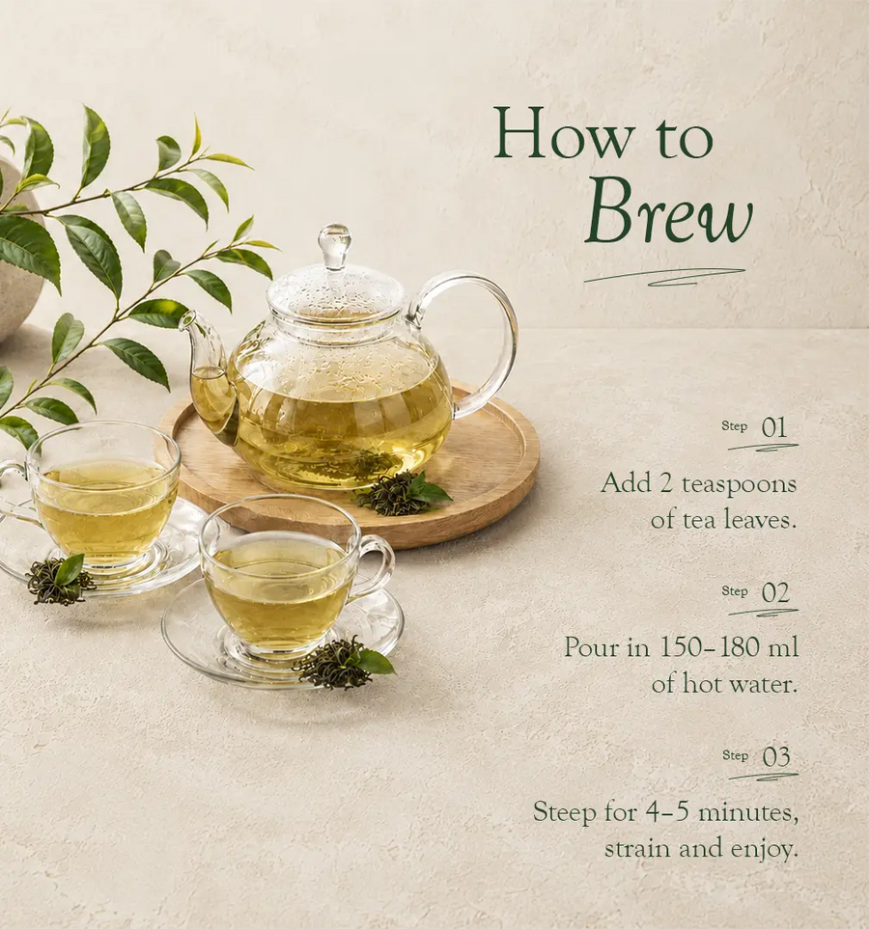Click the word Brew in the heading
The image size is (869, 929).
(x=668, y=216)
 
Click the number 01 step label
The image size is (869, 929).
(x=774, y=427)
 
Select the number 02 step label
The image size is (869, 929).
(x=774, y=592)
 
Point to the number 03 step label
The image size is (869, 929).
(x=776, y=756)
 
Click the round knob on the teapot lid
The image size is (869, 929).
(x=334, y=244)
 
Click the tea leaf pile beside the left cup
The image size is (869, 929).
(x=58, y=580)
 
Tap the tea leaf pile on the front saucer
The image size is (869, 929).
(x=344, y=663)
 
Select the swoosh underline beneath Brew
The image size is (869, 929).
(x=663, y=277)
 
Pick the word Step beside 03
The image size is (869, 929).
(x=735, y=755)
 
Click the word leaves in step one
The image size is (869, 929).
(x=758, y=520)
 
